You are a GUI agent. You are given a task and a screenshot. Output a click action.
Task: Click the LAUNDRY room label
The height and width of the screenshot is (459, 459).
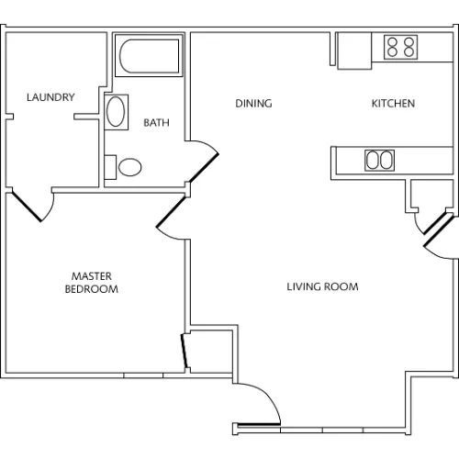(x=50, y=97)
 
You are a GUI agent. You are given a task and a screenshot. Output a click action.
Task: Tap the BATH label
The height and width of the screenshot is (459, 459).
(x=156, y=123)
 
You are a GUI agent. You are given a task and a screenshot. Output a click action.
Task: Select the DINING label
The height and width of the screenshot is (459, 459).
(x=253, y=104)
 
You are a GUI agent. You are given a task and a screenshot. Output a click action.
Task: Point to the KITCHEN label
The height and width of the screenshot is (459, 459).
(x=393, y=104)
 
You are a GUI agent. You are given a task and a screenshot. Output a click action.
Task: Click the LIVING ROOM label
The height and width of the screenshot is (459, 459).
(x=322, y=286)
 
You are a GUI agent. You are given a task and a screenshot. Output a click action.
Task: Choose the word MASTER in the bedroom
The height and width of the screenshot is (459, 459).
(x=92, y=276)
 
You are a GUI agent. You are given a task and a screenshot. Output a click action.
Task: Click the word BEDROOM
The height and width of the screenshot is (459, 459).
(x=92, y=289)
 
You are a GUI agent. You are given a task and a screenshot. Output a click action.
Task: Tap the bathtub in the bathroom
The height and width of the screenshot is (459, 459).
(x=149, y=56)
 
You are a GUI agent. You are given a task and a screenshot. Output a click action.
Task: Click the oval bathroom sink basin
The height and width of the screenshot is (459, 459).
(x=116, y=112)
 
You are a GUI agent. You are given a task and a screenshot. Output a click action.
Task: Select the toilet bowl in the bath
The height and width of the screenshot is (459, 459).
(x=130, y=167)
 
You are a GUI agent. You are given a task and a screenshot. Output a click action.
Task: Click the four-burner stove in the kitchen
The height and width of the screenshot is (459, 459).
(x=401, y=48)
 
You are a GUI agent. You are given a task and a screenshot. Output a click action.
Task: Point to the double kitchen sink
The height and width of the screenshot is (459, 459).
(x=379, y=160)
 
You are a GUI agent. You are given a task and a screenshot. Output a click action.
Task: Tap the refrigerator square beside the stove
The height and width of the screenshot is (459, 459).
(x=354, y=50)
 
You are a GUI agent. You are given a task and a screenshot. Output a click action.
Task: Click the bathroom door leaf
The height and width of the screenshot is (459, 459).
(x=203, y=168)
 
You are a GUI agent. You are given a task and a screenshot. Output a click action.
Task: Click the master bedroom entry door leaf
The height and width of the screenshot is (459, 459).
(x=171, y=212)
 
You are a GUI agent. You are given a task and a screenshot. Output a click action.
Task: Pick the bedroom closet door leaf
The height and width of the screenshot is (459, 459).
(x=185, y=351)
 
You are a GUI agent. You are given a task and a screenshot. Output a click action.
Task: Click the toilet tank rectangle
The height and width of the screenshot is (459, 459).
(x=110, y=167)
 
